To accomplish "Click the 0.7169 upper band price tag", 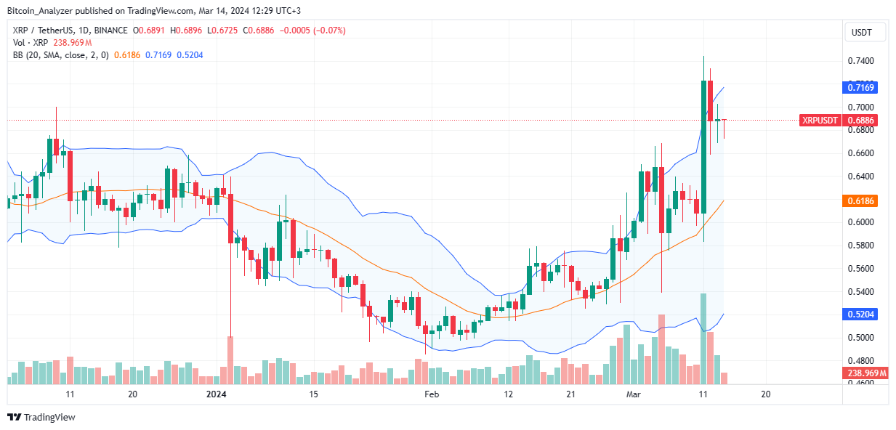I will click(862, 87).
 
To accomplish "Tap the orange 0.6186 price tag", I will click(862, 200).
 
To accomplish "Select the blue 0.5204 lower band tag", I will click(862, 315).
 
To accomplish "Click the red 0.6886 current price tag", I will click(862, 120).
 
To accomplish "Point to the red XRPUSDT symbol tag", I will click(820, 120).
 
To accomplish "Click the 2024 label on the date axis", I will click(216, 394).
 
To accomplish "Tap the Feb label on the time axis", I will click(432, 394).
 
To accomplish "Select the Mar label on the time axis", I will click(633, 394).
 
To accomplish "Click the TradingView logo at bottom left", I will click(41, 418).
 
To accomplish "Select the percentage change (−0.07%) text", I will click(329, 31).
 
